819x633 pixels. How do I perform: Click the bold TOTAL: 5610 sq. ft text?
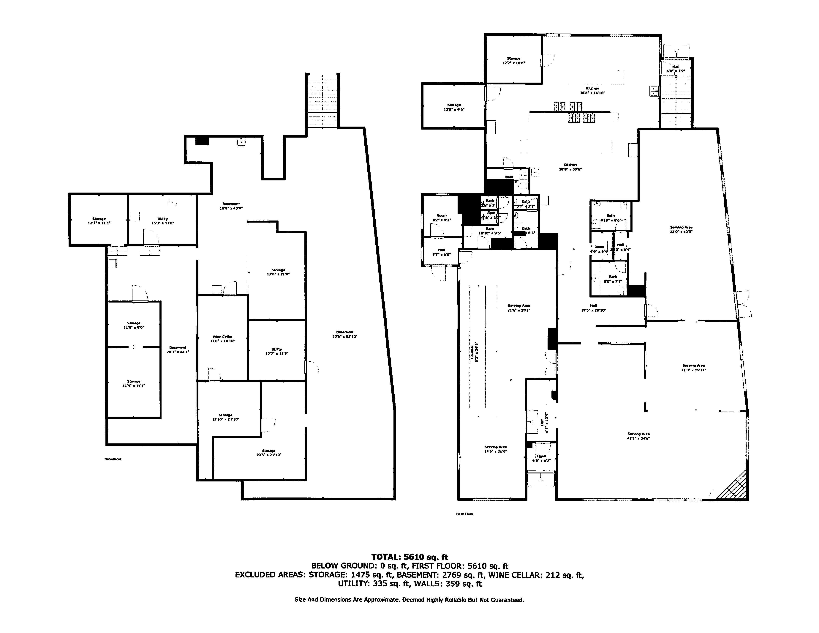pyautogui.click(x=409, y=557)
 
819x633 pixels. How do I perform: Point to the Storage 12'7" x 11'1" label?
pyautogui.click(x=99, y=221)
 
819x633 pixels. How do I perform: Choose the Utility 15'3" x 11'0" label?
pyautogui.click(x=162, y=221)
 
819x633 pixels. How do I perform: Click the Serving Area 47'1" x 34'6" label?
pyautogui.click(x=638, y=436)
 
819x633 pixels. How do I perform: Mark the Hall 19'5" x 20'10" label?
pyautogui.click(x=593, y=308)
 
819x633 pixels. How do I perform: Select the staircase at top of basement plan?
pyautogui.click(x=322, y=101)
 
